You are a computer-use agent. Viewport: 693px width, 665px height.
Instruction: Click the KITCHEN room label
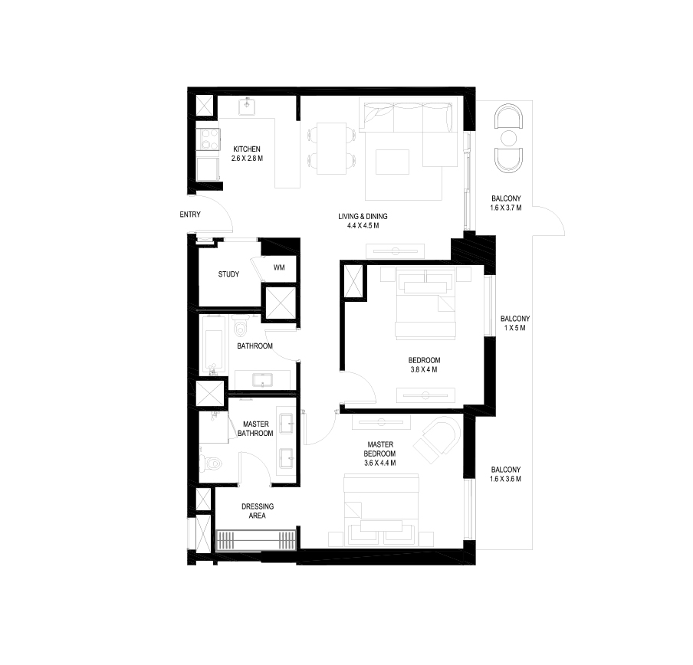coord(247,149)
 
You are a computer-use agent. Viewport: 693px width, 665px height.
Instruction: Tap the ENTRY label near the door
coord(190,215)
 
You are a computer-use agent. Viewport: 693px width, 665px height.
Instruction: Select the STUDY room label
coord(228,274)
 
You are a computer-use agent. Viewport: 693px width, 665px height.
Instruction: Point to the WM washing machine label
coord(279,268)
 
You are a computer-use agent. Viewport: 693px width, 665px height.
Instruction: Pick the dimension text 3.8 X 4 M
coord(424,370)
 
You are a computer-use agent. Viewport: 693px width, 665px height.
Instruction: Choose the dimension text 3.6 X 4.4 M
coord(380,463)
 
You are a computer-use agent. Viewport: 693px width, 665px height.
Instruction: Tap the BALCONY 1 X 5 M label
coord(515,328)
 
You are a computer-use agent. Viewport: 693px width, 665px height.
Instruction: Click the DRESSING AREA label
coord(258,511)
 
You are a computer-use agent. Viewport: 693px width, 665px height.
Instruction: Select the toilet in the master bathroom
coord(212,464)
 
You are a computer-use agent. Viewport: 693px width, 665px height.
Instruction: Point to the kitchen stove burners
coord(208,139)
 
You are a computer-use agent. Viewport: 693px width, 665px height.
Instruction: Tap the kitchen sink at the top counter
coord(247,106)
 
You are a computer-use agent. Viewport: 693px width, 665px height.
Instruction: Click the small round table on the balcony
coord(509,139)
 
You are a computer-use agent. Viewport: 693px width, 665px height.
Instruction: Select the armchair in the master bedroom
coord(437,439)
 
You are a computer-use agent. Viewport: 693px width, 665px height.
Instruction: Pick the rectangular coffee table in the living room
coord(393,162)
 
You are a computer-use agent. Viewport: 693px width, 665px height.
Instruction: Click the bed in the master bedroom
coord(381,508)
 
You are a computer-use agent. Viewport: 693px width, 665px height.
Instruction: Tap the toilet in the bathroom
coord(241,329)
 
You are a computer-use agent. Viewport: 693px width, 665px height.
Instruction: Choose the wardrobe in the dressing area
coord(256,541)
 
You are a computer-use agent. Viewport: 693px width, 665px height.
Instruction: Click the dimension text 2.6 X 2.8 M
coord(247,159)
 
